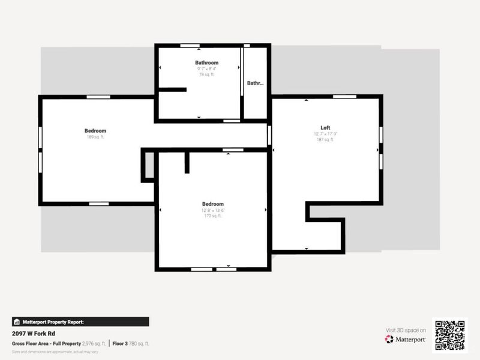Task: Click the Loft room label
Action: [x=325, y=128]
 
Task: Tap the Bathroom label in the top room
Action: [x=206, y=62]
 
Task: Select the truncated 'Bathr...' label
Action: [x=255, y=84]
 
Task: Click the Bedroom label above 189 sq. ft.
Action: [x=95, y=131]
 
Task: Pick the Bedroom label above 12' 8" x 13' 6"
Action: [x=212, y=204]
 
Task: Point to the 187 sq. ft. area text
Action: [x=325, y=140]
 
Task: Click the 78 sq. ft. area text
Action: [x=206, y=74]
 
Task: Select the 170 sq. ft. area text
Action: [x=212, y=216]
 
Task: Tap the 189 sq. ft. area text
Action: [x=95, y=137]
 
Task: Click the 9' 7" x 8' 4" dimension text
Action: [x=206, y=68]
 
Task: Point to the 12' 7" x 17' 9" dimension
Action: [x=325, y=134]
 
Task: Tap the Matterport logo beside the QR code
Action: [x=406, y=339]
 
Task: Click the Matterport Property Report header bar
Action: [x=80, y=322]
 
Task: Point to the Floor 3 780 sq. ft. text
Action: [x=131, y=343]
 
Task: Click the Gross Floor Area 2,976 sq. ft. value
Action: [x=94, y=343]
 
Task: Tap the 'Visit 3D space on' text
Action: [x=406, y=330]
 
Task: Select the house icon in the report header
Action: [x=17, y=322]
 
